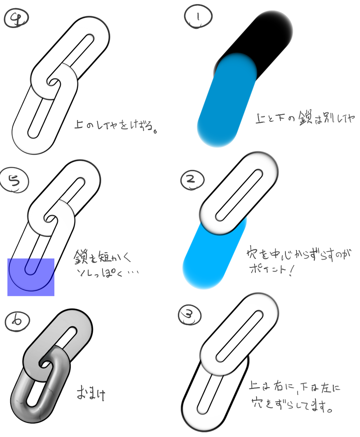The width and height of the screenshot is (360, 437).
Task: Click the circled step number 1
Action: tap(199, 17)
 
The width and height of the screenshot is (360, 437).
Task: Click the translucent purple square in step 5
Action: tap(31, 277)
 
